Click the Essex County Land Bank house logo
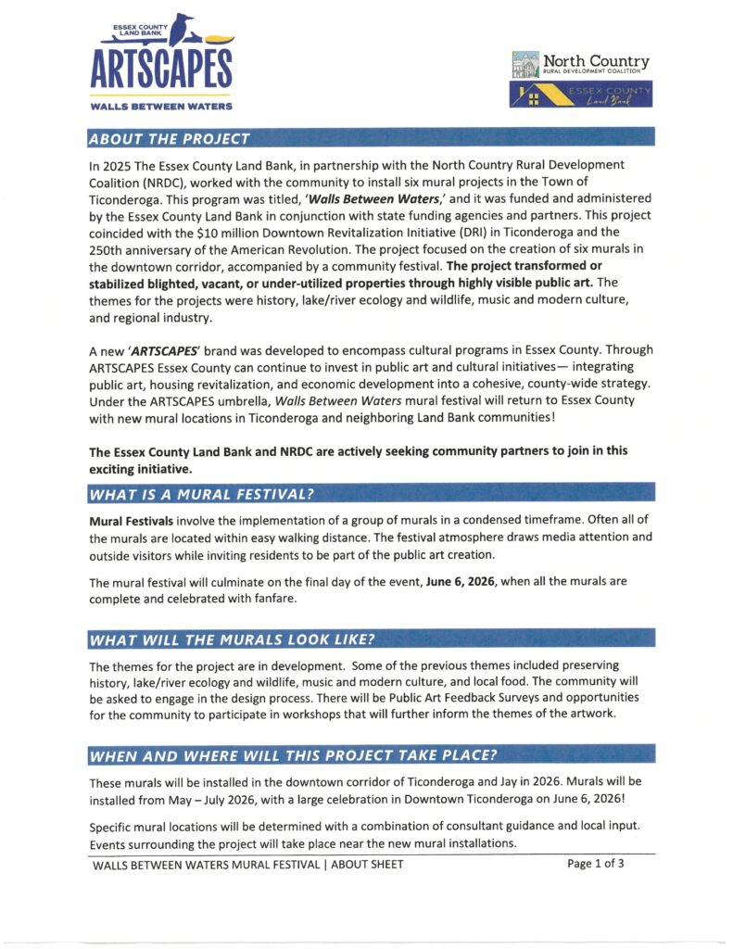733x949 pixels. [582, 94]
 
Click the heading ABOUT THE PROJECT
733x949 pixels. [170, 139]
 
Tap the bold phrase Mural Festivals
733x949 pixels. [131, 520]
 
